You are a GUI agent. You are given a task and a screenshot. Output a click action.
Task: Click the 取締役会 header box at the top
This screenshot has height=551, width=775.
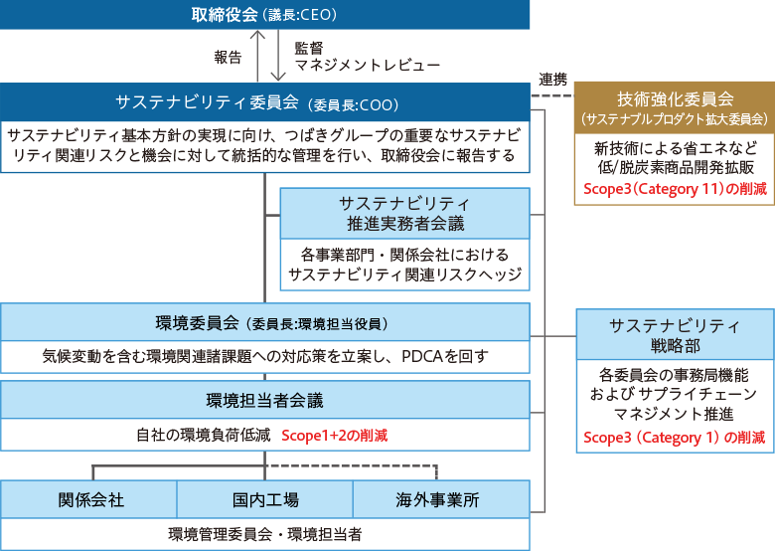tap(264, 14)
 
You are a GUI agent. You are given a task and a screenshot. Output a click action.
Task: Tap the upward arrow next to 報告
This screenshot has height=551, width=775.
tap(257, 56)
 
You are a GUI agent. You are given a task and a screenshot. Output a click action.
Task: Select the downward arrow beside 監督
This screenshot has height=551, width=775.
tap(278, 56)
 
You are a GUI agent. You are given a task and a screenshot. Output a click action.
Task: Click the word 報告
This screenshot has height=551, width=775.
tap(228, 58)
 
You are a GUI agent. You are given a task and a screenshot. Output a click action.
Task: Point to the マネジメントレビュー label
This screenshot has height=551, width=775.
tap(368, 66)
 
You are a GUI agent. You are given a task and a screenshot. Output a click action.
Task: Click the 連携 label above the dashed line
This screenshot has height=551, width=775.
tap(553, 80)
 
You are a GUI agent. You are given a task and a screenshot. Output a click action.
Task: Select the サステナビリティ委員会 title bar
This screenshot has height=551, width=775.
tap(264, 102)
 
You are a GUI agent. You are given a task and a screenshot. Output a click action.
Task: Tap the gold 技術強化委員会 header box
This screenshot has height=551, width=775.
tap(675, 107)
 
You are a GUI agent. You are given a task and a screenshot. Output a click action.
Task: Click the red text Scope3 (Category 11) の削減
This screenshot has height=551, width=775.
tap(675, 189)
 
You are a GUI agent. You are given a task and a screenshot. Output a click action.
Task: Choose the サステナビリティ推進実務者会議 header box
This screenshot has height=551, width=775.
tap(404, 214)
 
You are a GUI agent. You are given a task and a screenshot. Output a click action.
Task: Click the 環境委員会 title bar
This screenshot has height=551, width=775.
tap(264, 322)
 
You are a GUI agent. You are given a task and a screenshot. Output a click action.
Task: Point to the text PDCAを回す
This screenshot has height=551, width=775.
tap(445, 356)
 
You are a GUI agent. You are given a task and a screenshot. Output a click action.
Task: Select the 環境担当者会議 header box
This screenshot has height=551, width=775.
tap(264, 400)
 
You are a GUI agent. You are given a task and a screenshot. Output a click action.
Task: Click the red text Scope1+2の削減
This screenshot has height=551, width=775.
tap(335, 436)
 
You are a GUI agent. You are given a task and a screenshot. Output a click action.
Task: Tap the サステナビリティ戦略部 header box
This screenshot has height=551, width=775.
tap(676, 335)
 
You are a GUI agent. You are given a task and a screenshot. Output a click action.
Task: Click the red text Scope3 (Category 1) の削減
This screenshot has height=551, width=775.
tap(675, 438)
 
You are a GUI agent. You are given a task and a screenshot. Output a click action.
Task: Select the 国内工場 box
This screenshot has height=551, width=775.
tap(265, 499)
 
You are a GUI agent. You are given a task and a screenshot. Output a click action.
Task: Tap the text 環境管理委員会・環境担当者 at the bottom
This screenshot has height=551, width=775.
tap(265, 534)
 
